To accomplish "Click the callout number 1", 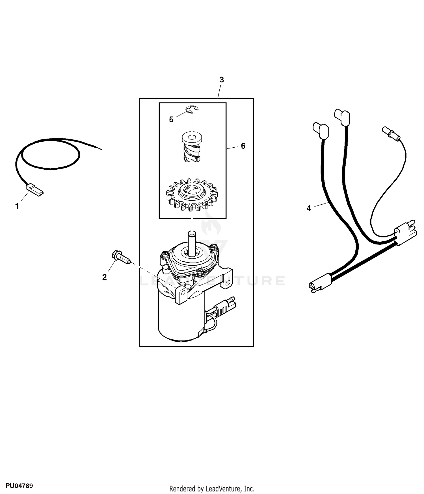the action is point(17,206).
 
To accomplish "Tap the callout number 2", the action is point(105,277).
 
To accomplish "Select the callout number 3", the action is point(222,80).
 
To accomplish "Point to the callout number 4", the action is point(309,208).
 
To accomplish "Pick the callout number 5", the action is point(171,120).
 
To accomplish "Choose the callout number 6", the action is point(243,146).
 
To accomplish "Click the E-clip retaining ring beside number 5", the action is point(192,109).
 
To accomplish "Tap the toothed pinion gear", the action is point(192,194).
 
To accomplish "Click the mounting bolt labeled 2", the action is point(121,257).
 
